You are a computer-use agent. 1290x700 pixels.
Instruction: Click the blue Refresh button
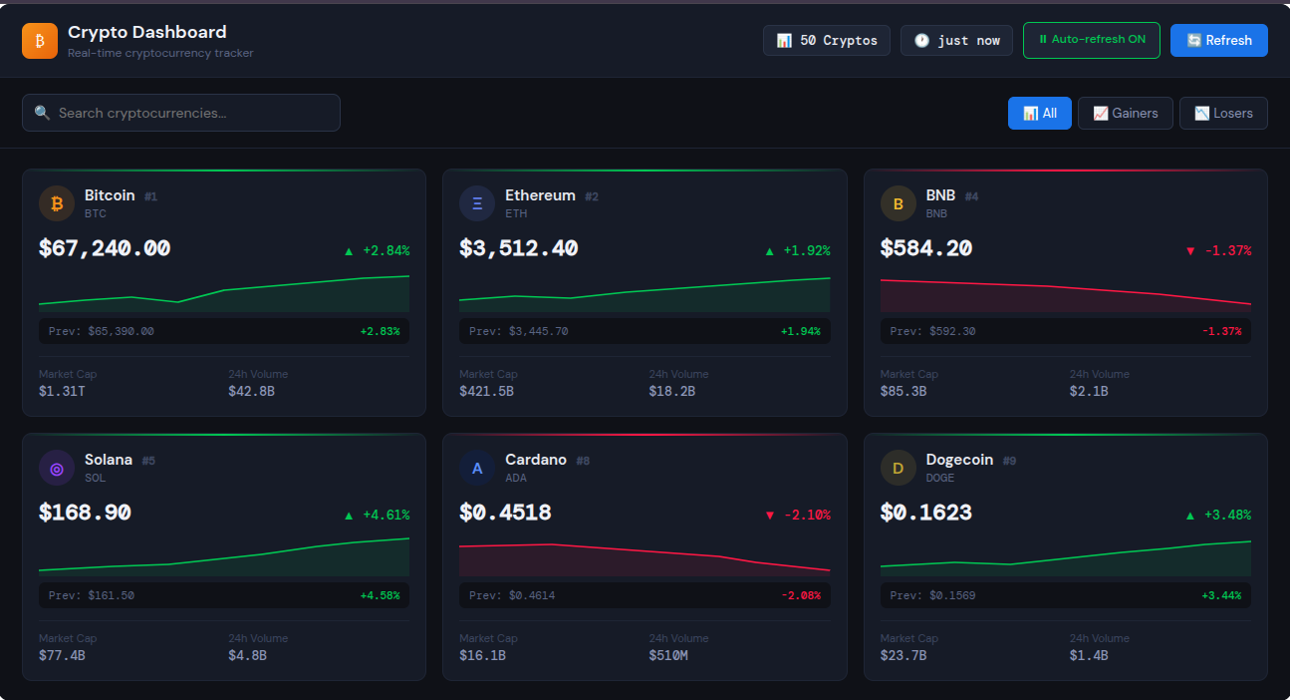pos(1218,41)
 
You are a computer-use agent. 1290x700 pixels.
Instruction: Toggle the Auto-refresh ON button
pos(1091,41)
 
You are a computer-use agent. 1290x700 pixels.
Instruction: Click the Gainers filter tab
pos(1125,114)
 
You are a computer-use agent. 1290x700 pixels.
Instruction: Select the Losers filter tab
pos(1222,114)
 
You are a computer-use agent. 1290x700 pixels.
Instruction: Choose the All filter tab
pos(1039,114)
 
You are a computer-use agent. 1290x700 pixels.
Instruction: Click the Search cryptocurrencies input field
pos(181,113)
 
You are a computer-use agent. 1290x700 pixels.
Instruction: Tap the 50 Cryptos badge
pos(826,41)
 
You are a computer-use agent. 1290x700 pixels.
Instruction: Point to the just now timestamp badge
pos(956,41)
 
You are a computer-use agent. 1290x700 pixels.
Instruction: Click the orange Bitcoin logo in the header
pos(40,41)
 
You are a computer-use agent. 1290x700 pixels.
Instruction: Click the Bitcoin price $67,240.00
pos(105,248)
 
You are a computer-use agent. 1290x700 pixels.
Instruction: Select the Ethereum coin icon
pos(477,203)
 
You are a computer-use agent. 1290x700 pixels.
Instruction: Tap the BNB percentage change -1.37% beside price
pos(1217,250)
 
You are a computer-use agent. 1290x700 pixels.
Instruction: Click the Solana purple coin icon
pos(57,468)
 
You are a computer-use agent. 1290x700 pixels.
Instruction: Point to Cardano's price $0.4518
pos(505,513)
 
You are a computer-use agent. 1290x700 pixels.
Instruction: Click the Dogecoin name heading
pos(959,460)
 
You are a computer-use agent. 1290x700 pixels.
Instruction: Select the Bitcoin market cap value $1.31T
pos(62,391)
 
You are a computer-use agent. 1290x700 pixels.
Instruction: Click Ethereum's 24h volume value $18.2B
pos(671,391)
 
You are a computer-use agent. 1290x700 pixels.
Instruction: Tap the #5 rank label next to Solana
pos(148,461)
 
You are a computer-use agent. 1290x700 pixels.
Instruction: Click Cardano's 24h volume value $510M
pos(669,655)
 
